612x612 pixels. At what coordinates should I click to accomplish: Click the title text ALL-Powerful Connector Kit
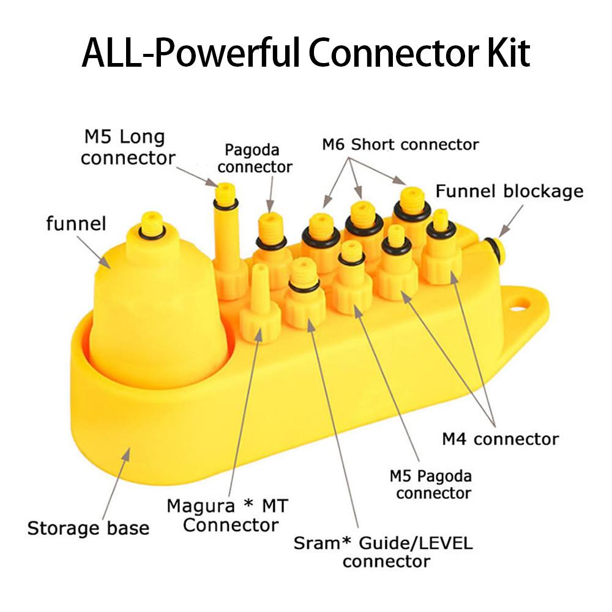click(x=305, y=54)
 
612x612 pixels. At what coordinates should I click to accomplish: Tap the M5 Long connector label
click(x=128, y=147)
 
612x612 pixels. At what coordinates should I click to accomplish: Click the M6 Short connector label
click(x=400, y=144)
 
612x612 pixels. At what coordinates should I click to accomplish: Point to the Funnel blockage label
click(x=509, y=192)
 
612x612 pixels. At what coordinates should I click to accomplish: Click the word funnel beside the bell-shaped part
click(x=76, y=223)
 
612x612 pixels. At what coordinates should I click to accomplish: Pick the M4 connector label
click(x=500, y=438)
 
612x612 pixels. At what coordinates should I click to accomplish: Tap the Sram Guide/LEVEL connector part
click(x=304, y=294)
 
